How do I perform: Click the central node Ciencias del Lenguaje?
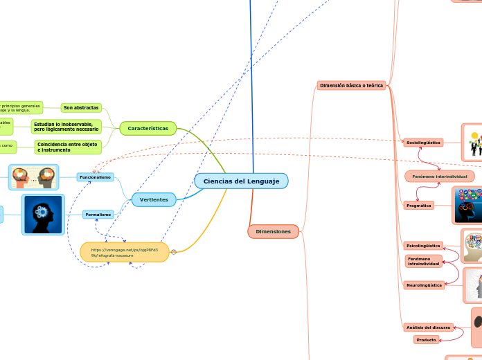pyautogui.click(x=241, y=181)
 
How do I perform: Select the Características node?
pyautogui.click(x=148, y=128)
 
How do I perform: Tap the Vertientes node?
pyautogui.click(x=154, y=199)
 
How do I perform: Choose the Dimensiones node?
pyautogui.click(x=273, y=231)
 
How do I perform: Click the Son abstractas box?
pyautogui.click(x=81, y=108)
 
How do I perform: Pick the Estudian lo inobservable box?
pyautogui.click(x=66, y=127)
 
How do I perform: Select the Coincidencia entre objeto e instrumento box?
pyautogui.click(x=68, y=147)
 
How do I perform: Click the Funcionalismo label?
pyautogui.click(x=95, y=177)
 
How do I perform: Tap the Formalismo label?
pyautogui.click(x=98, y=215)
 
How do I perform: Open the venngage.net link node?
pyautogui.click(x=125, y=252)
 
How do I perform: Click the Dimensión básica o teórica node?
pyautogui.click(x=351, y=86)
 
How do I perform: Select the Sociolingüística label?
pyautogui.click(x=423, y=142)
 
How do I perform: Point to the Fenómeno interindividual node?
pyautogui.click(x=439, y=177)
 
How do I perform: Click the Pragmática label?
pyautogui.click(x=418, y=206)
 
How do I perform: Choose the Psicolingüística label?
pyautogui.click(x=422, y=246)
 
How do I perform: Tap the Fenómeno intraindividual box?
pyautogui.click(x=424, y=261)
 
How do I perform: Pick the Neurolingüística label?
pyautogui.click(x=424, y=285)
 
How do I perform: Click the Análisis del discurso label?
pyautogui.click(x=428, y=327)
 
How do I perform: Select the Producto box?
pyautogui.click(x=426, y=339)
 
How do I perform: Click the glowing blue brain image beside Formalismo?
pyautogui.click(x=43, y=215)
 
